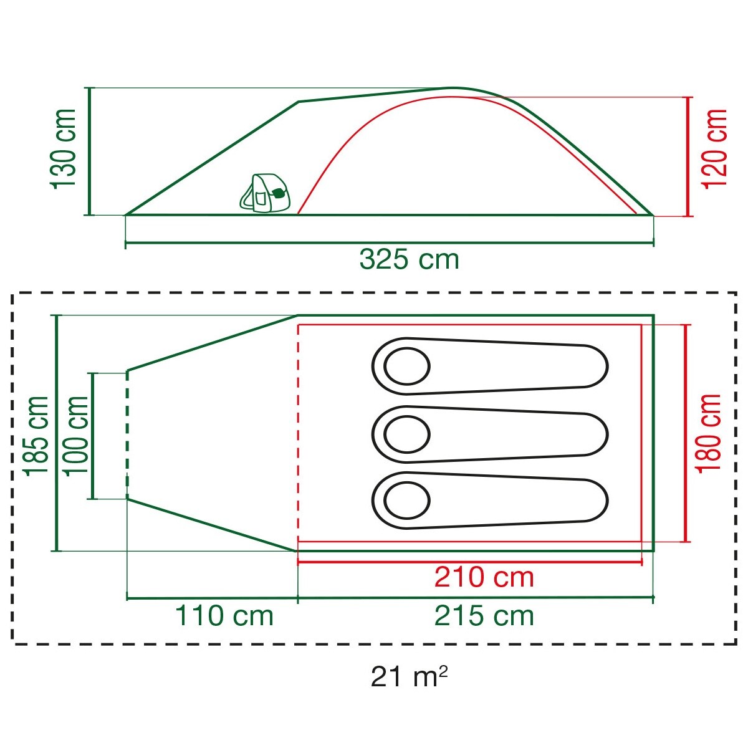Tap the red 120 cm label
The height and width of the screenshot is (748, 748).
pyautogui.click(x=716, y=148)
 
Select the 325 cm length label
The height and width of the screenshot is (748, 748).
pyautogui.click(x=409, y=259)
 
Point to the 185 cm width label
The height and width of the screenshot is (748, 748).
pyautogui.click(x=36, y=434)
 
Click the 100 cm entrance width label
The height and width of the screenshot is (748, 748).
pyautogui.click(x=77, y=434)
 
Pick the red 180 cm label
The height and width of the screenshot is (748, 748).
pyautogui.click(x=709, y=433)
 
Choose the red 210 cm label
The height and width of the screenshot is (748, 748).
pyautogui.click(x=484, y=577)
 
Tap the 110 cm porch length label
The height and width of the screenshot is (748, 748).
pyautogui.click(x=224, y=616)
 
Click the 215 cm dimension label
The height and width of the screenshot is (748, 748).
pyautogui.click(x=484, y=616)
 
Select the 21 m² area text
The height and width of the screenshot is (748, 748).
pyautogui.click(x=409, y=676)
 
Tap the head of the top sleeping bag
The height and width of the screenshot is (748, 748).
pyautogui.click(x=406, y=366)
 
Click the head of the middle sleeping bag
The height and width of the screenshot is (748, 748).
pyautogui.click(x=406, y=434)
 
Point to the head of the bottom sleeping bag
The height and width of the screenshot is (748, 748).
pyautogui.click(x=406, y=500)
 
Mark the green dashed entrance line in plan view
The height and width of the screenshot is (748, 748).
pyautogui.click(x=127, y=434)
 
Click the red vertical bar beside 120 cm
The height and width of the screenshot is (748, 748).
pyautogui.click(x=689, y=156)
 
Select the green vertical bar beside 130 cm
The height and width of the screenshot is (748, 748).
pyautogui.click(x=89, y=151)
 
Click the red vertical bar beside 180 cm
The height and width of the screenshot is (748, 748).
pyautogui.click(x=686, y=433)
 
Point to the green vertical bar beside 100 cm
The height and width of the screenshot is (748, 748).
pyautogui.click(x=93, y=436)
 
